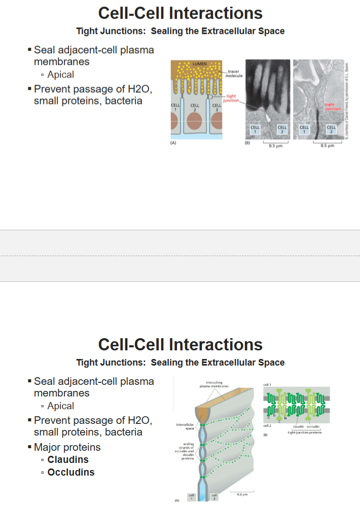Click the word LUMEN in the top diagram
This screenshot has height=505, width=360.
point(198,63)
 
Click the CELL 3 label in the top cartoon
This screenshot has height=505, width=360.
point(217,107)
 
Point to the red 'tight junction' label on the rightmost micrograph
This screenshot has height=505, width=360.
point(333,106)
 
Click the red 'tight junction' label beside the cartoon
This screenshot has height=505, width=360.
point(231,98)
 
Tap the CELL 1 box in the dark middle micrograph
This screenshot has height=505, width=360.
point(255,129)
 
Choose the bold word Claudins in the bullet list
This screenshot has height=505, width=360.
point(68,460)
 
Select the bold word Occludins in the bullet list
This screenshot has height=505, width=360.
point(71,473)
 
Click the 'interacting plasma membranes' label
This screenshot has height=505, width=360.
point(218,385)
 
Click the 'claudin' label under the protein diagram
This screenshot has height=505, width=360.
point(298,427)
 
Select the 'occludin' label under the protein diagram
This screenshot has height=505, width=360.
point(313,427)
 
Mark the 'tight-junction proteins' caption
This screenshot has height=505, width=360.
point(304,432)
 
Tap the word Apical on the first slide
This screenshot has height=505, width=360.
point(60,75)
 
